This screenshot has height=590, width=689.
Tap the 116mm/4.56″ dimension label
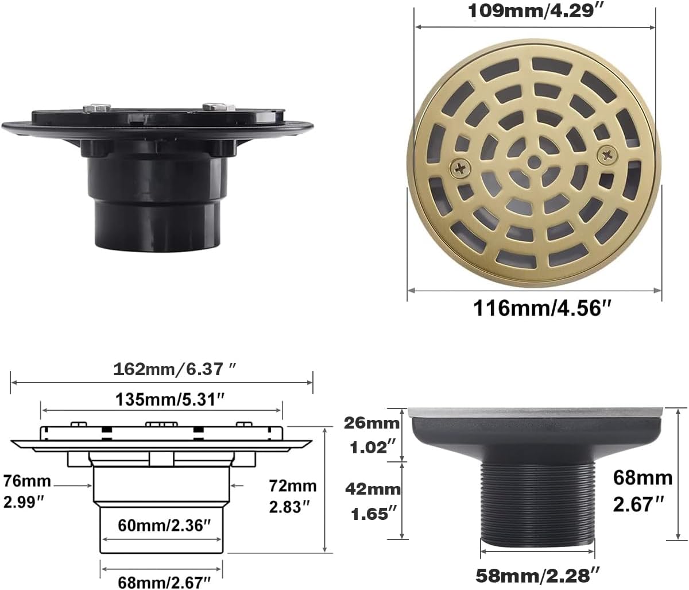click(540, 308)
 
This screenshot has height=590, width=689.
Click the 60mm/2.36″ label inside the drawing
click(161, 525)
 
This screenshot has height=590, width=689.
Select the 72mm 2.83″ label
click(293, 496)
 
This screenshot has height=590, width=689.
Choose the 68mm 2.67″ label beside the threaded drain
click(642, 491)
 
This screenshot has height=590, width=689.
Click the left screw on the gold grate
click(459, 168)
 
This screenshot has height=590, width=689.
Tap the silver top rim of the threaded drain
click(537, 411)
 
